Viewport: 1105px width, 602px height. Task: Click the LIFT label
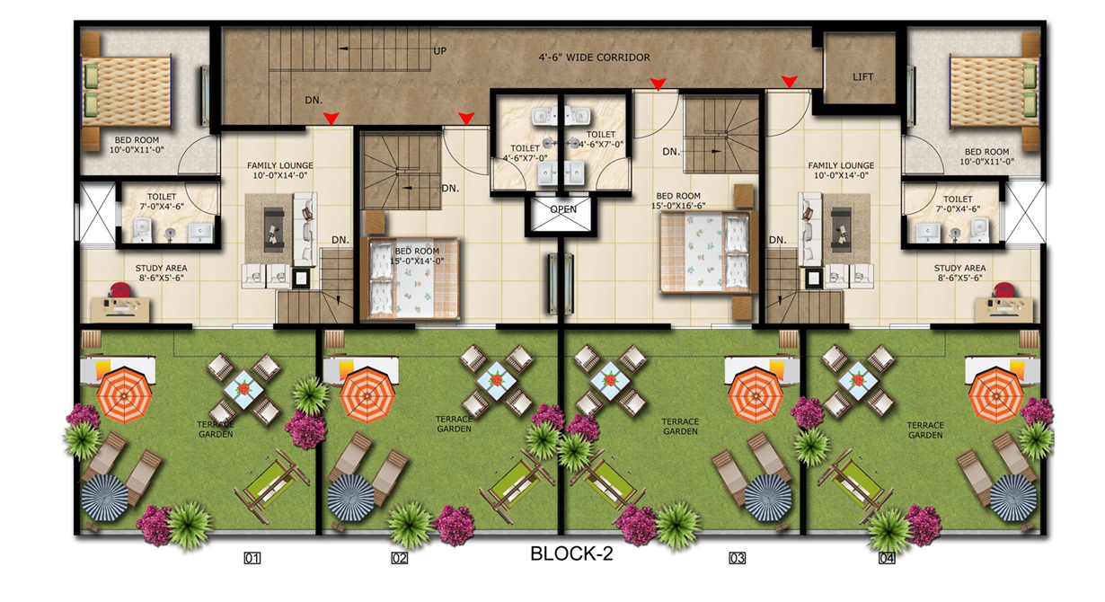point(862,77)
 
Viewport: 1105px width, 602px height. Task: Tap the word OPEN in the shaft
point(563,209)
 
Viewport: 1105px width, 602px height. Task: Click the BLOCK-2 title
point(571,554)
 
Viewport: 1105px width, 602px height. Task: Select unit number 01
point(252,559)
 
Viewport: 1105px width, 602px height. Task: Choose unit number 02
point(400,559)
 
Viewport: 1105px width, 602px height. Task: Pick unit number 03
point(737,559)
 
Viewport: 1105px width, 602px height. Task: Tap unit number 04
point(887,559)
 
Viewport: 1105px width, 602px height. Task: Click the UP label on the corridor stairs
point(440,50)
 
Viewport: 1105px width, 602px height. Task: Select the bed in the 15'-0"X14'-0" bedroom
point(411,279)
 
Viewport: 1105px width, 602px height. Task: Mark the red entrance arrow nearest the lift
point(789,83)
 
